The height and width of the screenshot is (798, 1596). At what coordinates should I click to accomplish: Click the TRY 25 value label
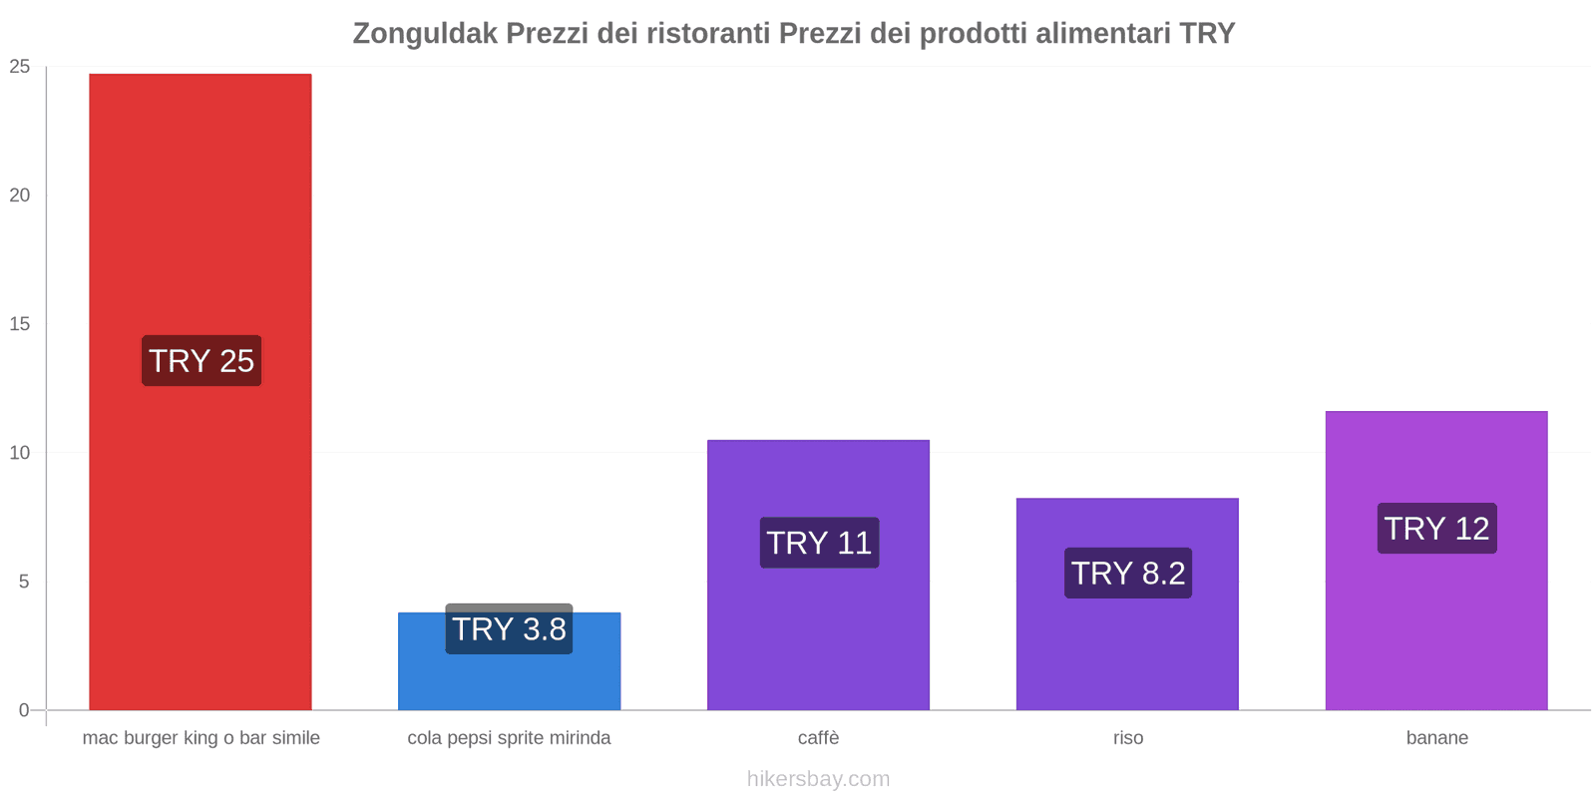[x=201, y=361]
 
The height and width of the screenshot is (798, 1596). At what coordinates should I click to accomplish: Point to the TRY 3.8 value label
[x=509, y=629]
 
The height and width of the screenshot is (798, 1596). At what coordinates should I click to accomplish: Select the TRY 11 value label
[x=819, y=543]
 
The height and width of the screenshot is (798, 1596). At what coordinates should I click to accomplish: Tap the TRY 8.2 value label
[x=1128, y=574]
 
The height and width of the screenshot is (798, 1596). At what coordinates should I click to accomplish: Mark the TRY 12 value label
[x=1436, y=529]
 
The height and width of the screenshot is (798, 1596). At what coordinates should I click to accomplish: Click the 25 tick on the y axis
[x=20, y=67]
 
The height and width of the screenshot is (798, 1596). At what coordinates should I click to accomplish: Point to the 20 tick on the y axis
[x=20, y=196]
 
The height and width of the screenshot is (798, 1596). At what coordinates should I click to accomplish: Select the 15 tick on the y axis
[x=20, y=324]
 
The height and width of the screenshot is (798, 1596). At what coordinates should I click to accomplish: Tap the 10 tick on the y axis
[x=20, y=453]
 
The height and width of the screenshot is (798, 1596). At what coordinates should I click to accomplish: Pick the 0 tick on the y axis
[x=24, y=710]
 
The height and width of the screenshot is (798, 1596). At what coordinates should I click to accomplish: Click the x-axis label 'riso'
[x=1128, y=738]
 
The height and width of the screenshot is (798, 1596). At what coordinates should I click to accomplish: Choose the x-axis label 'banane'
[x=1436, y=738]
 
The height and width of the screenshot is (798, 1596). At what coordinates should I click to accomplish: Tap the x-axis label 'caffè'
[x=818, y=738]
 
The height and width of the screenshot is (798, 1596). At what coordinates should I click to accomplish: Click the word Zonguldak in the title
[x=425, y=34]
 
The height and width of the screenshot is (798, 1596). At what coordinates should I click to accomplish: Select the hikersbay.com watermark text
[x=818, y=779]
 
